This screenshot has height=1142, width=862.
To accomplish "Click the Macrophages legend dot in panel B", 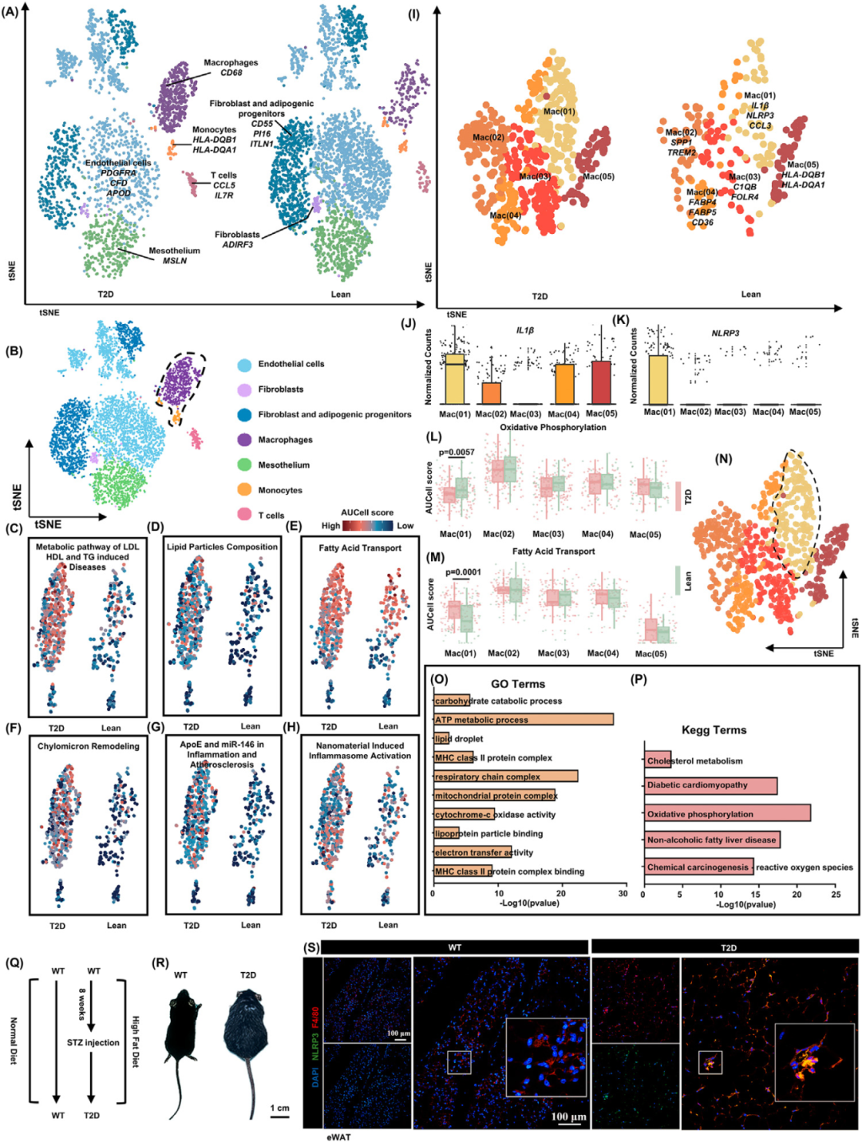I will (x=244, y=440).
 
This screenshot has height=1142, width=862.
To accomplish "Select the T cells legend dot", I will (x=244, y=516).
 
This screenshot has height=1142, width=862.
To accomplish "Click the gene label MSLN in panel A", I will (x=175, y=261).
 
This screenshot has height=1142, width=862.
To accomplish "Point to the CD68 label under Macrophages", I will (x=231, y=73).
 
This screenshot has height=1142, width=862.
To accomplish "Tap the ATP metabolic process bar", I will (x=524, y=720).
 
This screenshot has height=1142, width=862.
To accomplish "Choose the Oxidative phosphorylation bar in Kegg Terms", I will (x=727, y=813).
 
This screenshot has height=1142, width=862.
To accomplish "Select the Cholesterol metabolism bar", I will (x=658, y=761).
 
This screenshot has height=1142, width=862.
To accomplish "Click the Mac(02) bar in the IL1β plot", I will (x=492, y=393).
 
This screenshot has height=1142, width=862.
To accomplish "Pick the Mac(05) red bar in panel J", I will (x=602, y=383).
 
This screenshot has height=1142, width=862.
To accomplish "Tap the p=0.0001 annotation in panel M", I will (x=463, y=572).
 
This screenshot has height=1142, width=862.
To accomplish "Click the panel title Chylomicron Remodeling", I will (x=88, y=746).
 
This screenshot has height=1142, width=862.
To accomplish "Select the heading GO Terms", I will (x=518, y=684).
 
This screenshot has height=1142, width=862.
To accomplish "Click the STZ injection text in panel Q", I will (x=93, y=1042).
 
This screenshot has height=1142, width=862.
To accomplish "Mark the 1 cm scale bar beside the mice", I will (x=279, y=1117).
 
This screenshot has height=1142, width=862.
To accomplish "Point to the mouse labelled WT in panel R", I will (x=182, y=1025).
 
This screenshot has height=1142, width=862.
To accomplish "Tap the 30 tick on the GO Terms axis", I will (x=623, y=893).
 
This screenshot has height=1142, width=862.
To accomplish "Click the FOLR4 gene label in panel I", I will (x=745, y=197).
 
